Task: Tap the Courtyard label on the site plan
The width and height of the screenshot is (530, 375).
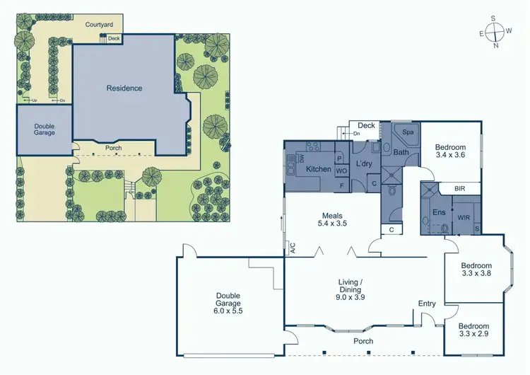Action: tap(99, 25)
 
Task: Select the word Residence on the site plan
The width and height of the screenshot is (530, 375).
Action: tap(124, 88)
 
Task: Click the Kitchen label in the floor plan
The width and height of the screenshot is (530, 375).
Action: tap(318, 169)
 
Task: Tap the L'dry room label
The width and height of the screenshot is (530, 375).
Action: tap(364, 164)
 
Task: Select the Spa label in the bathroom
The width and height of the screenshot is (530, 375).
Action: tap(408, 132)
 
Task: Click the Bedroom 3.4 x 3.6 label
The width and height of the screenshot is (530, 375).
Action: tap(451, 150)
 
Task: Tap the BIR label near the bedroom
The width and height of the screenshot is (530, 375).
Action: tap(459, 189)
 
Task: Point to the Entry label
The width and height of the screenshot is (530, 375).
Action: tap(427, 304)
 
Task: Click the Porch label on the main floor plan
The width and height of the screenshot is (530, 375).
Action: tap(363, 341)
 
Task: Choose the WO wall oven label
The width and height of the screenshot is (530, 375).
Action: tap(340, 171)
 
